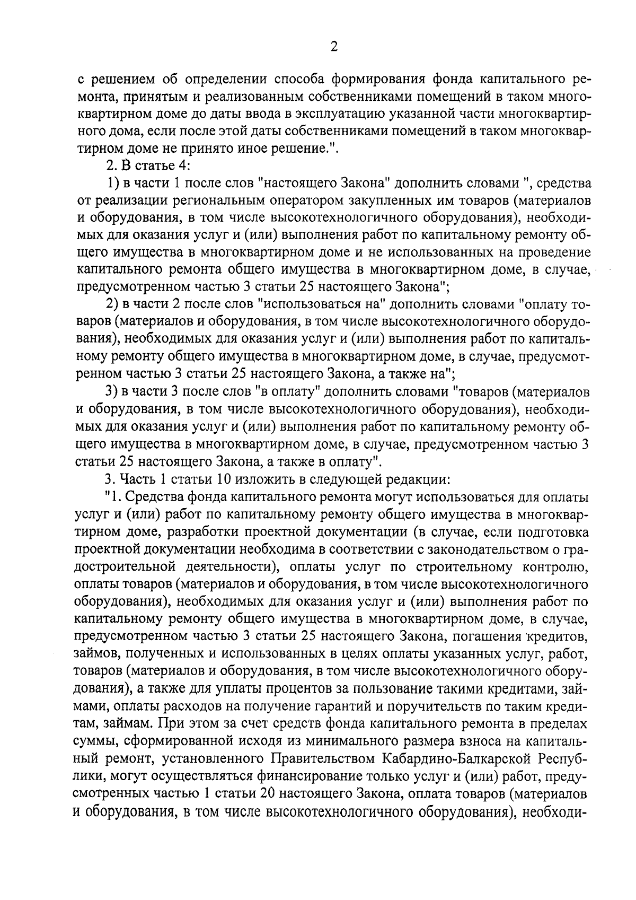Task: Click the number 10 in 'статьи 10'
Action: click(x=221, y=479)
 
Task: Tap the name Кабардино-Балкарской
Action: click(x=450, y=758)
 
